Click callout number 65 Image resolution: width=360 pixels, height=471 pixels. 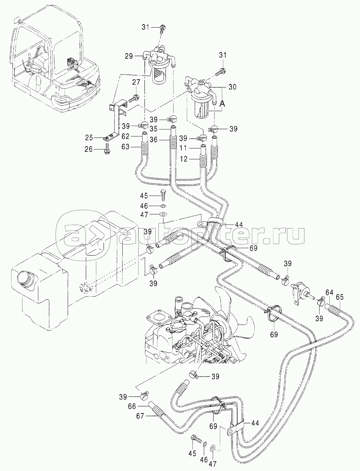point(340,297)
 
